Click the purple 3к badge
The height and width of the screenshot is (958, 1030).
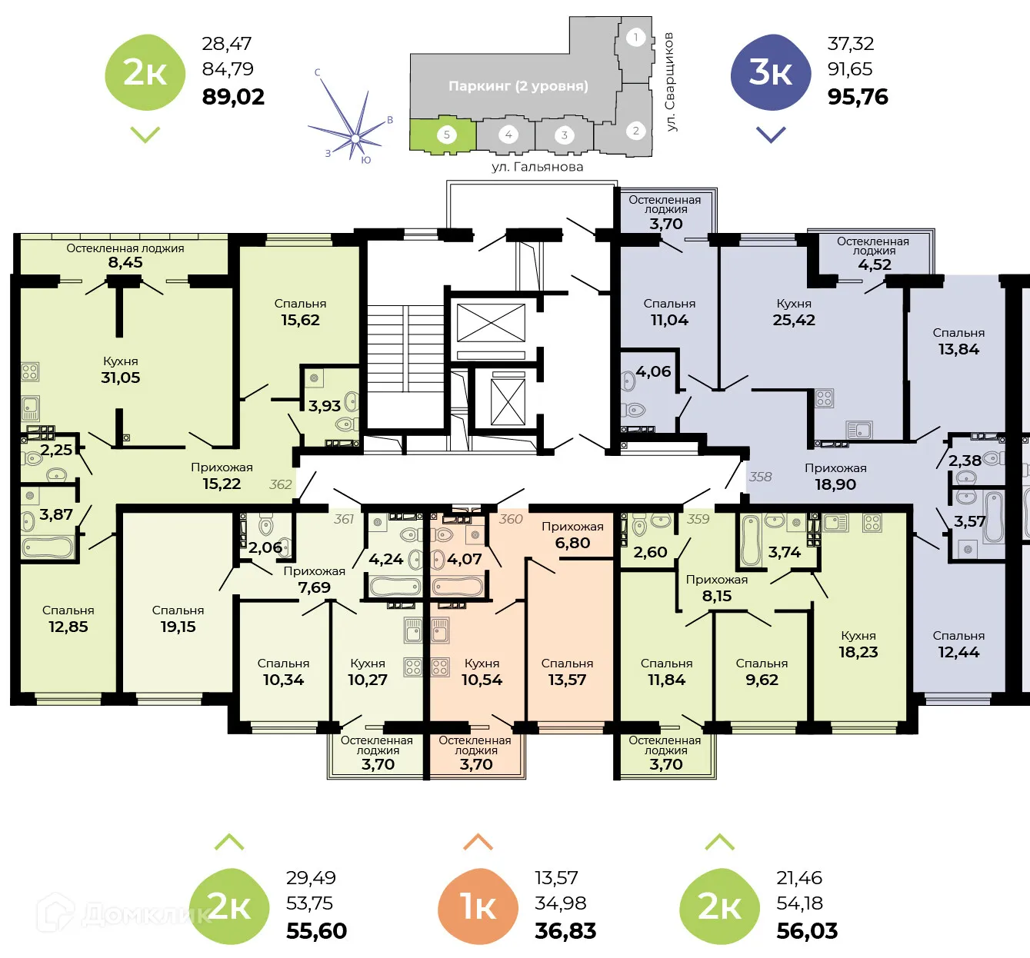(x=770, y=73)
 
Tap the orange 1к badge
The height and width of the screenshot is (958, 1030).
(x=478, y=906)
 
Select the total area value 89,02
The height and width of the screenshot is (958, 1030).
(x=233, y=97)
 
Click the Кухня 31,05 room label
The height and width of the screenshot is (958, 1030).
(x=121, y=370)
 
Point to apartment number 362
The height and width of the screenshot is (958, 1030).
(x=281, y=484)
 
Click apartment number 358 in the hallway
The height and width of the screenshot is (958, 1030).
(x=760, y=477)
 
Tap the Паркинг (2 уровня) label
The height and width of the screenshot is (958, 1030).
(x=518, y=86)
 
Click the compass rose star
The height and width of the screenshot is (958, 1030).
(x=355, y=138)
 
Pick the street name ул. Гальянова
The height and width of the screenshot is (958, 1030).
(x=537, y=167)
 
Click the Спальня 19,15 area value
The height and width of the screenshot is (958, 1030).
(x=178, y=627)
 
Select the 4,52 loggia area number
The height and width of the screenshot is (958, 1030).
(x=875, y=264)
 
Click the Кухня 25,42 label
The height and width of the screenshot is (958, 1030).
(x=794, y=312)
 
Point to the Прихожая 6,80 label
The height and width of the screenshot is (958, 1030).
(x=572, y=535)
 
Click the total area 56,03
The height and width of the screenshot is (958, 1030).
(x=807, y=931)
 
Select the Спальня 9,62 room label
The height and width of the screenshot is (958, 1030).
(x=762, y=672)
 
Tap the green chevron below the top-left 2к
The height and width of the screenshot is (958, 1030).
(x=145, y=135)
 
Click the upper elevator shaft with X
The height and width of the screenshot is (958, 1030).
(x=491, y=323)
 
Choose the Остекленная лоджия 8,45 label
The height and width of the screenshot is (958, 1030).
(x=125, y=255)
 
